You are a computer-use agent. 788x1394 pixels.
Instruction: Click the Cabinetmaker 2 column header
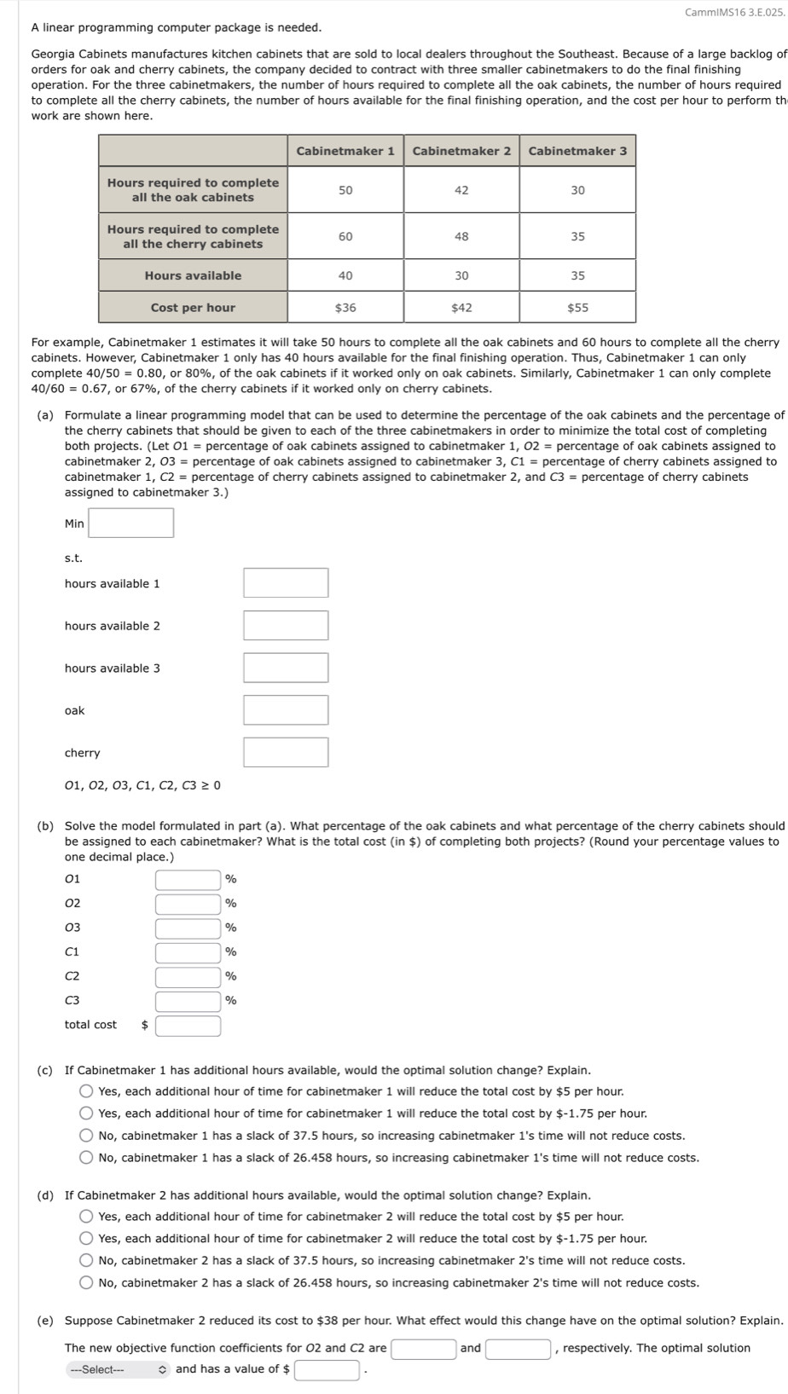click(x=461, y=151)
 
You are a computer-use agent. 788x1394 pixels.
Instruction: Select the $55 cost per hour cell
click(x=577, y=308)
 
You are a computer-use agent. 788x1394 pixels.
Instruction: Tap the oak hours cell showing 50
click(x=345, y=190)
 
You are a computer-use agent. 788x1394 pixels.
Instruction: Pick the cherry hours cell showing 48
click(x=461, y=236)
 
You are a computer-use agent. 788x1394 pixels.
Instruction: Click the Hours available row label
click(x=193, y=275)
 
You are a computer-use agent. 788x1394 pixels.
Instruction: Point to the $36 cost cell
click(x=345, y=308)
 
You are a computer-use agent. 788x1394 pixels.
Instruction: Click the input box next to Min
click(x=131, y=523)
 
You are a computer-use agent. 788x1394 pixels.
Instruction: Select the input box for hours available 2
click(x=286, y=626)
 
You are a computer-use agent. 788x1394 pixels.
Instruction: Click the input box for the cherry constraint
click(x=286, y=753)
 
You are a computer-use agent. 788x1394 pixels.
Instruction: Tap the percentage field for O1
click(x=188, y=880)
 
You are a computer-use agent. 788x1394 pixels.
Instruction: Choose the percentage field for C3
click(x=188, y=1001)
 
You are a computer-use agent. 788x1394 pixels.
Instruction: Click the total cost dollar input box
click(x=188, y=1026)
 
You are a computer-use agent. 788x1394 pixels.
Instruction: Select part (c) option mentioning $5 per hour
click(x=87, y=1092)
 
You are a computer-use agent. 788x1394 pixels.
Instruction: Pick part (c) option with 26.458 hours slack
click(x=87, y=1158)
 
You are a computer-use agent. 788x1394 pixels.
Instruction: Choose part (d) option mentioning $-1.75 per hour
click(x=87, y=1239)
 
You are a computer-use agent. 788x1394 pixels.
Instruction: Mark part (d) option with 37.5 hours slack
click(x=87, y=1261)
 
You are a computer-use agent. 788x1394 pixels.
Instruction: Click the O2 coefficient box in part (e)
click(x=423, y=1349)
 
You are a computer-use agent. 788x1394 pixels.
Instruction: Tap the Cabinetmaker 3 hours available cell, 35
click(x=577, y=275)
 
